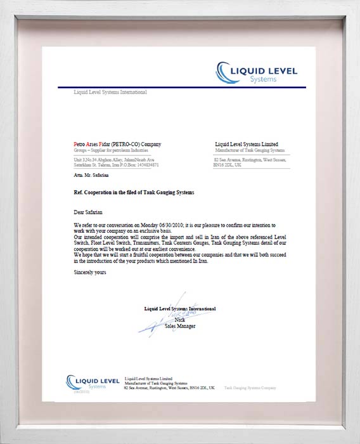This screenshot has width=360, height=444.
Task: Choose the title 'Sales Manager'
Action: [180, 327]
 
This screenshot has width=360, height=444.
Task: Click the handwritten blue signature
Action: [166, 317]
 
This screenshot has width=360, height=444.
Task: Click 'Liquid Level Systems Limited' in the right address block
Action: [247, 145]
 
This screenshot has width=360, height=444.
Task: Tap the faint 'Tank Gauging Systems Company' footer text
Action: [250, 386]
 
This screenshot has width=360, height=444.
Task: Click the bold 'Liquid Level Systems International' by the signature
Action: [179, 308]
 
